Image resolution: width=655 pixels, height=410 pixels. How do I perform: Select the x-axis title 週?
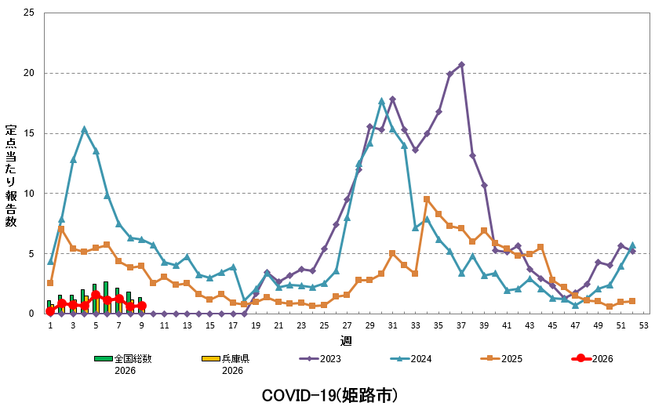tap(346, 339)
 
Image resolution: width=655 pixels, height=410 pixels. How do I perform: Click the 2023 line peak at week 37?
tap(461, 65)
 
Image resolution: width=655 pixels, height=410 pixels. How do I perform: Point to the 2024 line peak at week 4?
tap(84, 129)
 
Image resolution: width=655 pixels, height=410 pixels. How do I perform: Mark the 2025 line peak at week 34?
tap(427, 199)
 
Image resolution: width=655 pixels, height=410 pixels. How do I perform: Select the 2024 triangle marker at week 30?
tap(381, 101)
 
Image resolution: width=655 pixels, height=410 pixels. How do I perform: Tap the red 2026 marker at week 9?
tap(141, 306)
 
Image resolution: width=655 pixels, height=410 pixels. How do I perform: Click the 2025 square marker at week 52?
tap(632, 301)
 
